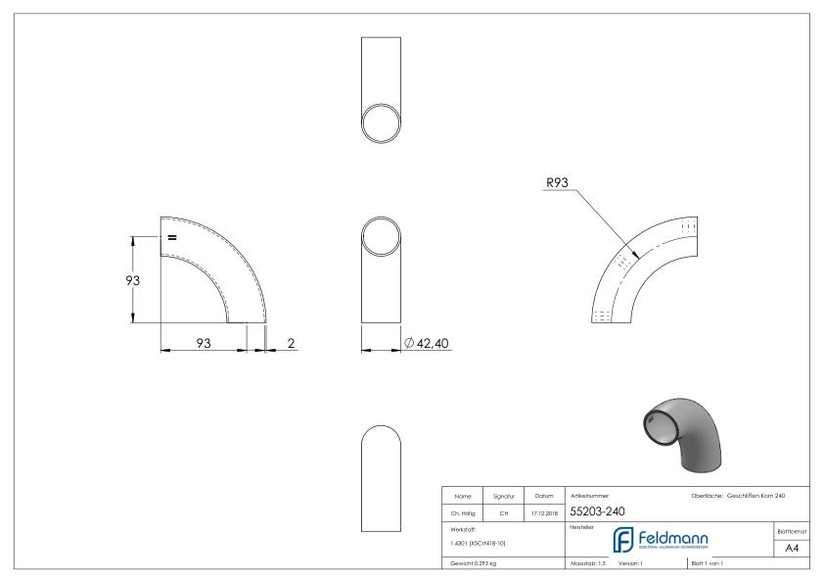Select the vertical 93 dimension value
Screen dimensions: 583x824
tap(118, 280)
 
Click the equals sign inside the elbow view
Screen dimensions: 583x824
tap(171, 237)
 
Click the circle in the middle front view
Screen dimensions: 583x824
tap(381, 236)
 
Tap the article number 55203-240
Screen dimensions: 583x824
tap(599, 510)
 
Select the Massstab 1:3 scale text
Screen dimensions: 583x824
tap(589, 565)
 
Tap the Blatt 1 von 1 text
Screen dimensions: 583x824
tap(709, 565)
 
